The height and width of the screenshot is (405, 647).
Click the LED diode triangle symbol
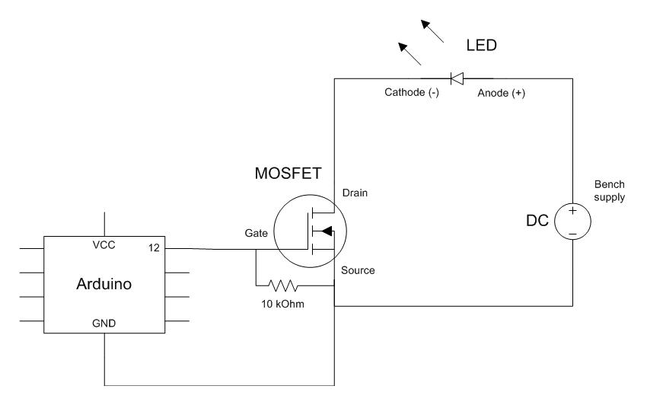(x=457, y=78)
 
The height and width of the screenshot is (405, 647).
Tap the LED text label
(x=482, y=46)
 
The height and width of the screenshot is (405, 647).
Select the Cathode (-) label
(x=411, y=92)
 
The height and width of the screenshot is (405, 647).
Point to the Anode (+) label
(x=502, y=93)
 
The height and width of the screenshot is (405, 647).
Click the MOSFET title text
(x=288, y=174)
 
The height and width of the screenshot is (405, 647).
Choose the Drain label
(x=355, y=193)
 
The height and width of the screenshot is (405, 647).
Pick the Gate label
(x=257, y=233)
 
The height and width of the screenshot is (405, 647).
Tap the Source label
(x=358, y=270)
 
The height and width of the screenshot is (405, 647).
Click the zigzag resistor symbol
(x=282, y=285)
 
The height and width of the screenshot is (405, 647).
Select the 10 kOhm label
(x=282, y=304)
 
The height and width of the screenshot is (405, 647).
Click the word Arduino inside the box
(x=104, y=284)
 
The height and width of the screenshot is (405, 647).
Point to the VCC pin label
(x=104, y=245)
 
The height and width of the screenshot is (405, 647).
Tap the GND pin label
(x=104, y=324)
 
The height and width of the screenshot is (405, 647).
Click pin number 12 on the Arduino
(x=154, y=247)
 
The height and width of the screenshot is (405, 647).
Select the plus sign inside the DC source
(x=572, y=211)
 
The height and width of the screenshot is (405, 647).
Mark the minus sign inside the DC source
(x=572, y=234)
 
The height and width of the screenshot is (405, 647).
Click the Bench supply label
(x=610, y=191)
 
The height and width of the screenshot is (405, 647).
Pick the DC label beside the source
(x=537, y=221)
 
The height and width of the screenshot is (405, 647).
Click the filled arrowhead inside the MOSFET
(x=327, y=231)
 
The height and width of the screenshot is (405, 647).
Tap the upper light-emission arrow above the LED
(x=432, y=31)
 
